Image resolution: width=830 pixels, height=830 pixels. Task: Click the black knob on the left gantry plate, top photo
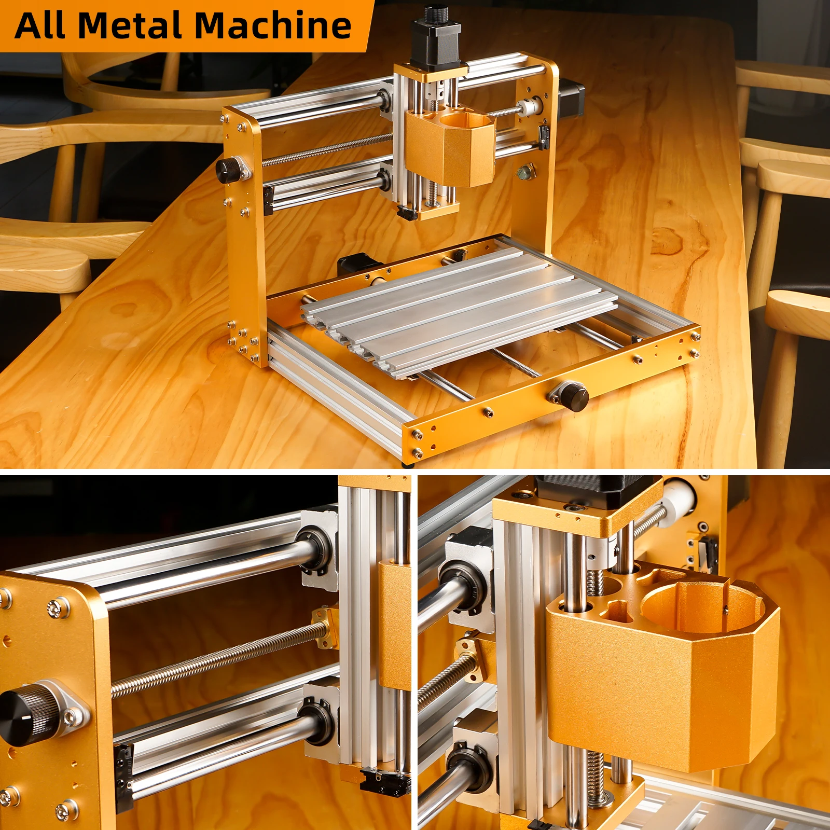point(228,170)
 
